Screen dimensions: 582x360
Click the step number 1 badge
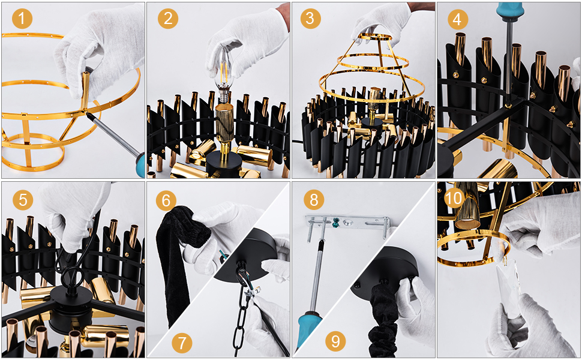[x=22, y=19]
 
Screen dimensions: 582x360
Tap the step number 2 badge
[x=168, y=19]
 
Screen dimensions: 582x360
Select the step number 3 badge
[x=310, y=19]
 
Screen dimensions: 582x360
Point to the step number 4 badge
[x=457, y=19]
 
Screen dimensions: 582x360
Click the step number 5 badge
[x=23, y=200]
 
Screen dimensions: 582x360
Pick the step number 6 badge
[x=166, y=200]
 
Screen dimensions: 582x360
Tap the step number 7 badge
[x=182, y=343]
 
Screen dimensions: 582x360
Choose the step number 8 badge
[x=314, y=200]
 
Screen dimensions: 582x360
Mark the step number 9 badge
[x=335, y=341]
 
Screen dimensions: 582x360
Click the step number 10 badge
[x=454, y=199]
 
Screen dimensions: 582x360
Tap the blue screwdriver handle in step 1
[x=140, y=166]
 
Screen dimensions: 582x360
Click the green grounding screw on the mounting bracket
[x=336, y=223]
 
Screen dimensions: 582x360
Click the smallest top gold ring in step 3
[x=374, y=37]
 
